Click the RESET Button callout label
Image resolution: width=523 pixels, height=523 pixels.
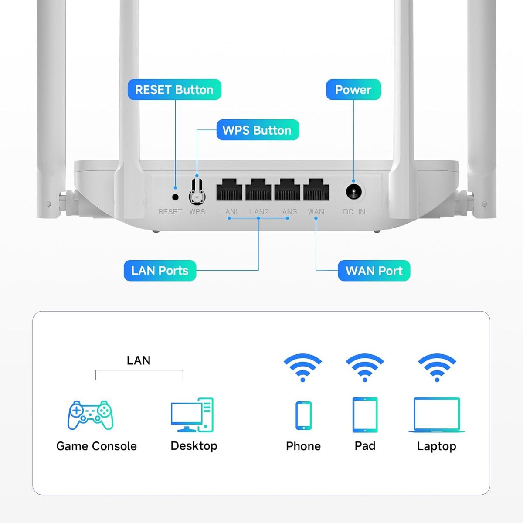tap(174, 90)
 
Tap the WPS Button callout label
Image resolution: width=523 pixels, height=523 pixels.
tap(257, 130)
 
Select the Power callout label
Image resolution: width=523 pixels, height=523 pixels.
tap(353, 90)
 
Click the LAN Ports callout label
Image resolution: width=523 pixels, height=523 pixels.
tap(160, 271)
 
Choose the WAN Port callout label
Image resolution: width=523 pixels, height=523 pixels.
tap(374, 271)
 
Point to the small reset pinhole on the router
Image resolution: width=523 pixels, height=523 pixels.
tap(176, 197)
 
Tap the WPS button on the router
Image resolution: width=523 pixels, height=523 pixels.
tap(197, 192)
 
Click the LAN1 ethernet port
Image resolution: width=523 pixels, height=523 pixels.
tap(229, 190)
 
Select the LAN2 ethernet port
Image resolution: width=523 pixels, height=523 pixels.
tap(258, 190)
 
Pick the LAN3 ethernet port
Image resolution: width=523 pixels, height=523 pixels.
tap(287, 190)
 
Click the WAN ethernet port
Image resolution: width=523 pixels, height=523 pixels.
tap(316, 190)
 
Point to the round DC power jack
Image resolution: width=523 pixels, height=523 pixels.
tap(354, 192)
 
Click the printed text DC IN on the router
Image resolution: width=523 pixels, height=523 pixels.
tap(354, 212)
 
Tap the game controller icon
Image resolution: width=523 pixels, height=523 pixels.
tap(91, 415)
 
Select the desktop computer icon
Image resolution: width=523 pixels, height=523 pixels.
tap(192, 415)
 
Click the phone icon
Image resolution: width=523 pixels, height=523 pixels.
tap(303, 415)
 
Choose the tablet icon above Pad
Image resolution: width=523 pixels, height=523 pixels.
tap(365, 414)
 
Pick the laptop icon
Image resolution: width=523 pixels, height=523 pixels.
tap(437, 414)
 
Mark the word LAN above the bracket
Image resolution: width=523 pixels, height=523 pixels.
tap(139, 360)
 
